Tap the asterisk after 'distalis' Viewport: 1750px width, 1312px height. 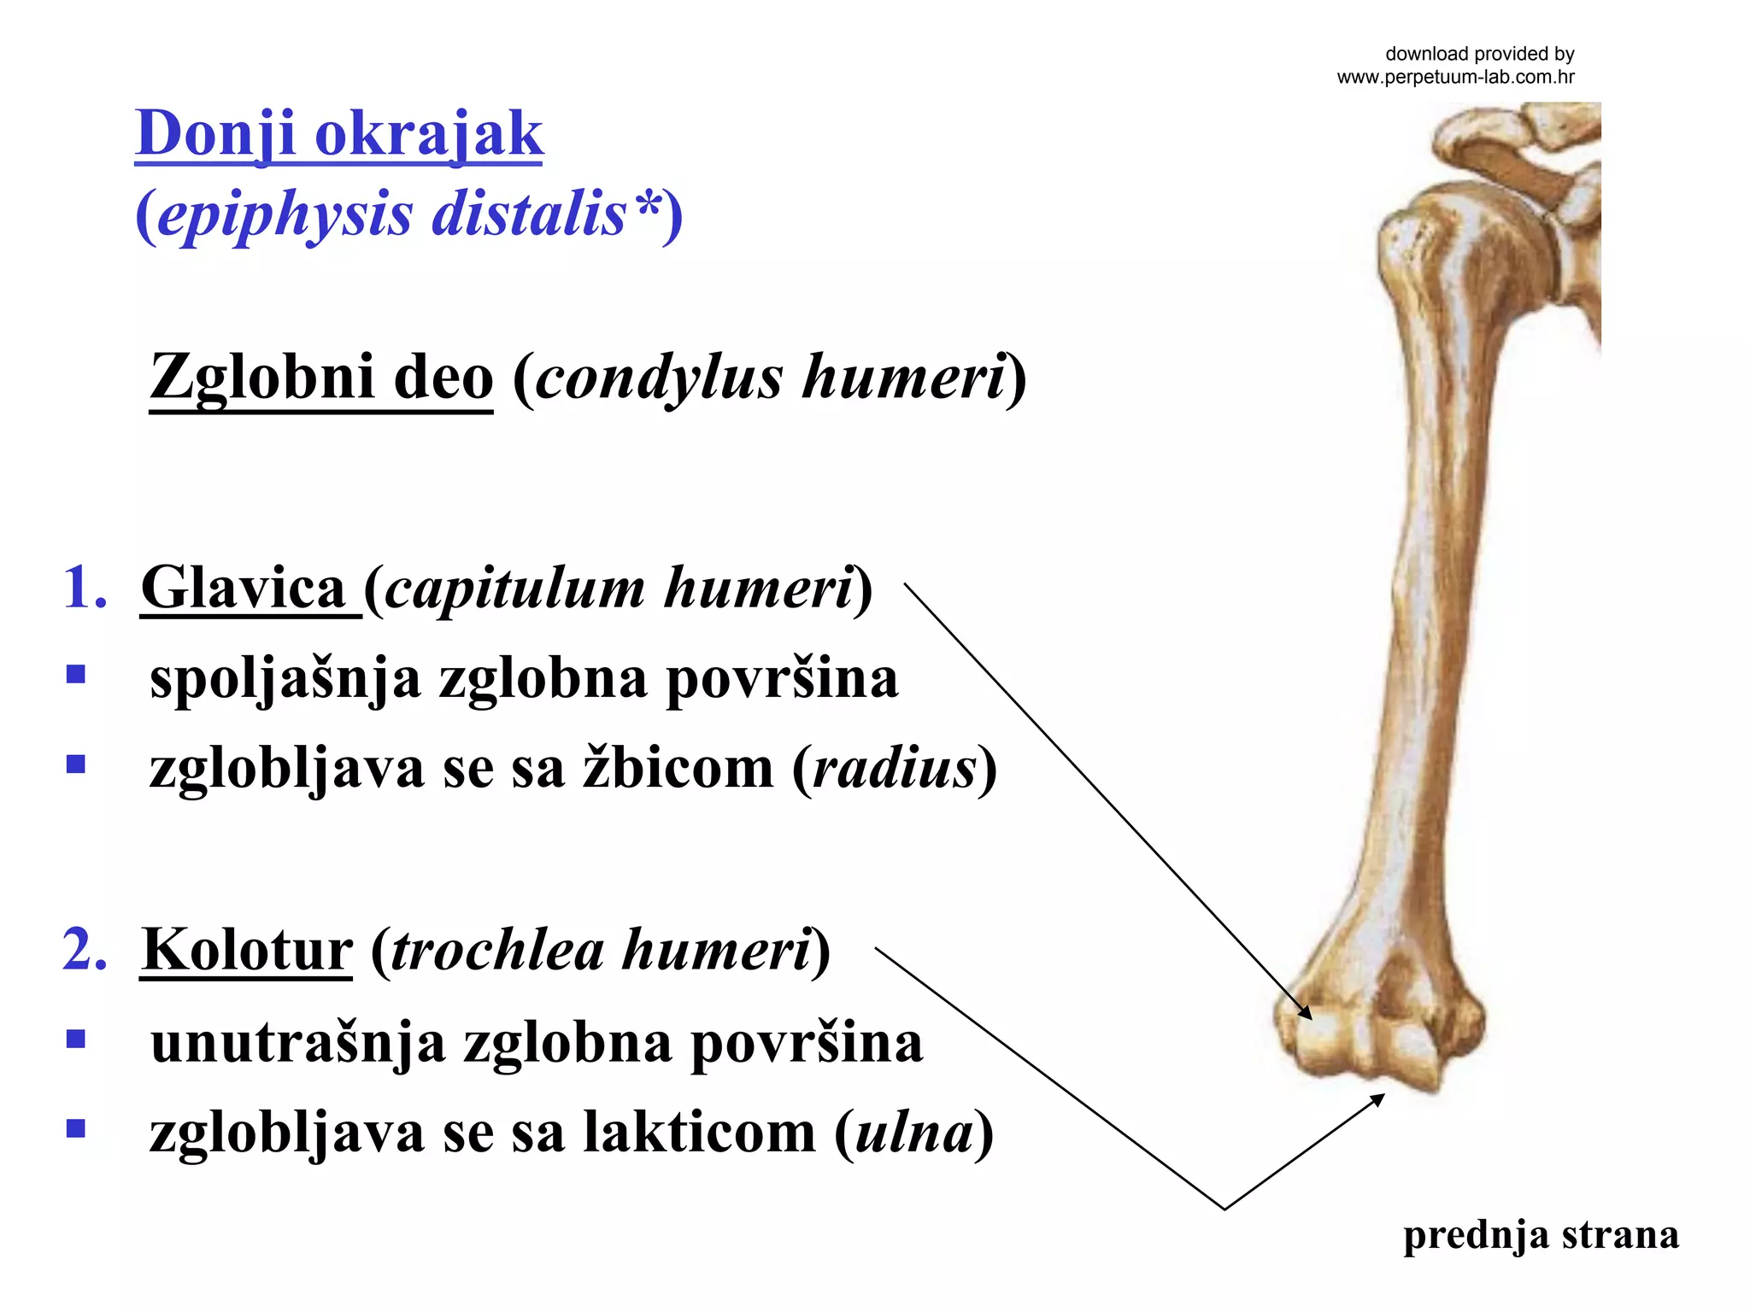647,205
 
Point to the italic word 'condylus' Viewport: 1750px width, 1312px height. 658,378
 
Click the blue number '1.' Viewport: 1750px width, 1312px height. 85,588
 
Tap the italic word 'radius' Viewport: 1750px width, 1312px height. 894,767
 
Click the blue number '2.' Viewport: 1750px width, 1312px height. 85,949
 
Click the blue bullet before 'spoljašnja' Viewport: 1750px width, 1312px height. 76,676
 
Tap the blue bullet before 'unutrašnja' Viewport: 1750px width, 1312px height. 76,1039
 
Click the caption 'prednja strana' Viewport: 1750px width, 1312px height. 1541,1235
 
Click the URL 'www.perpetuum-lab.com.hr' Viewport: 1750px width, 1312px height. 1455,77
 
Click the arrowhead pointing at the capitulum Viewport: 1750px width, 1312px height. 1304,1012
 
